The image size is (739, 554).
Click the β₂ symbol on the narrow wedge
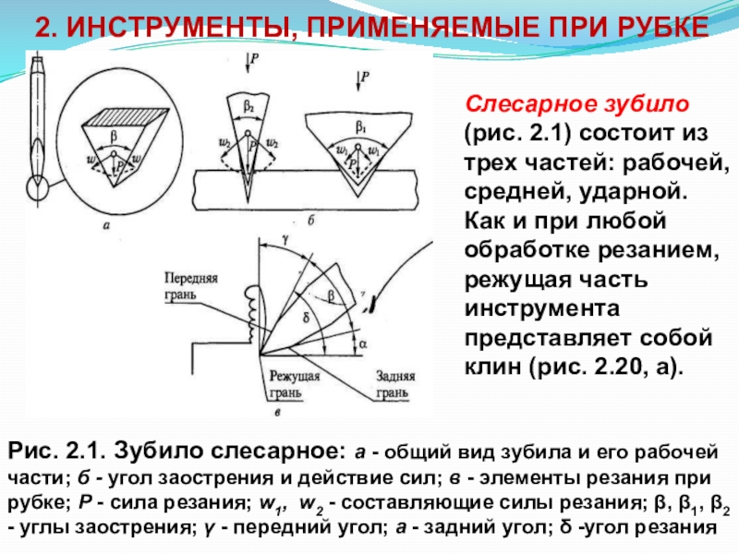(x=249, y=107)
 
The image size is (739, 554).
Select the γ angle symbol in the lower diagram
(x=274, y=238)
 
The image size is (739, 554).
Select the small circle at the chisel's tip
(x=38, y=189)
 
